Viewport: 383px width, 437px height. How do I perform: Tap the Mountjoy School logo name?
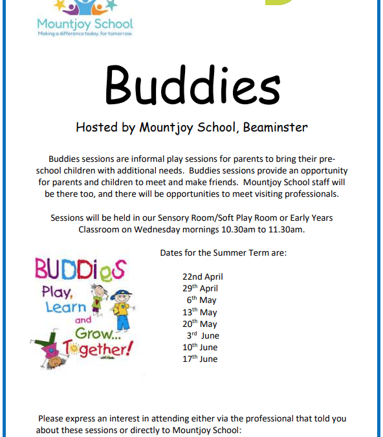pyautogui.click(x=85, y=25)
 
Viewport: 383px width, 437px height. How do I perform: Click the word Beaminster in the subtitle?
pyautogui.click(x=275, y=127)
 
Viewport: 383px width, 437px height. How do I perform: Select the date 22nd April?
pyautogui.click(x=202, y=276)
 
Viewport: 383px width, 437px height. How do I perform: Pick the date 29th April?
pyautogui.click(x=200, y=289)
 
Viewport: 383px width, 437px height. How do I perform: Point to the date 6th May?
pyautogui.click(x=201, y=300)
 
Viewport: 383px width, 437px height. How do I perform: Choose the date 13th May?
pyautogui.click(x=200, y=312)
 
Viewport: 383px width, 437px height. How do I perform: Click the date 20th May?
pyautogui.click(x=200, y=324)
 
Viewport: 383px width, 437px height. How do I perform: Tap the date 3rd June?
pyautogui.click(x=202, y=335)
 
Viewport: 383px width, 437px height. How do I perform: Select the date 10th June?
pyautogui.click(x=200, y=347)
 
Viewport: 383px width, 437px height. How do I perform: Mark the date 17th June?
pyautogui.click(x=200, y=359)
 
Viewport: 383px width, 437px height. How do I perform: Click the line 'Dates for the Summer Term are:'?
pyautogui.click(x=223, y=253)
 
